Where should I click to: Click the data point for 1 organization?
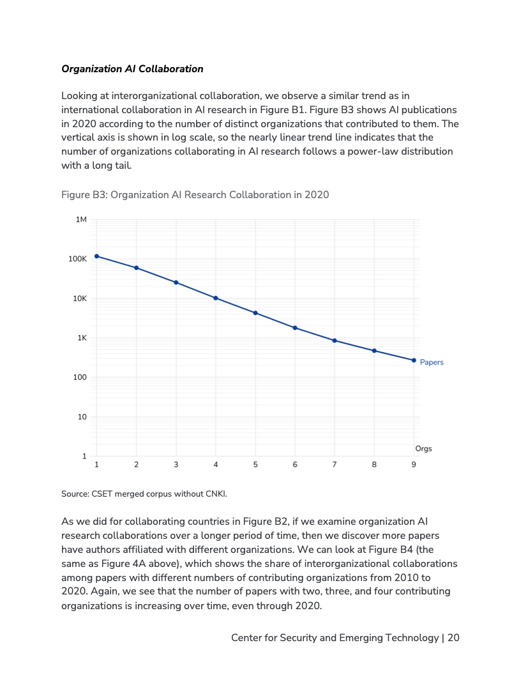pyautogui.click(x=96, y=256)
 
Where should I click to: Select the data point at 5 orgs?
pyautogui.click(x=255, y=313)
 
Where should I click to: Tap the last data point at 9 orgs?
pyautogui.click(x=414, y=361)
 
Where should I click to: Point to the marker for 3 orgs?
pyautogui.click(x=176, y=283)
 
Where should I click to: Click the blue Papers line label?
pyautogui.click(x=432, y=362)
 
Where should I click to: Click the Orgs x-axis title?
pyautogui.click(x=423, y=449)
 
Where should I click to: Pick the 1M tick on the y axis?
pyautogui.click(x=81, y=220)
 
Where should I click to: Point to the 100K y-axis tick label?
pyautogui.click(x=77, y=260)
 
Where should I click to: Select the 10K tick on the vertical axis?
pyautogui.click(x=79, y=299)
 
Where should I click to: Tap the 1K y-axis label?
pyautogui.click(x=81, y=338)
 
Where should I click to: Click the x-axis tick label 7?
pyautogui.click(x=335, y=465)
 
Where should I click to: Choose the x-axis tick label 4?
pyautogui.click(x=216, y=465)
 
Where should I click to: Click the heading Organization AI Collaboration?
pyautogui.click(x=132, y=69)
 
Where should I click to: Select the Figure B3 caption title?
pyautogui.click(x=195, y=194)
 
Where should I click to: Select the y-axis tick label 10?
pyautogui.click(x=82, y=417)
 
